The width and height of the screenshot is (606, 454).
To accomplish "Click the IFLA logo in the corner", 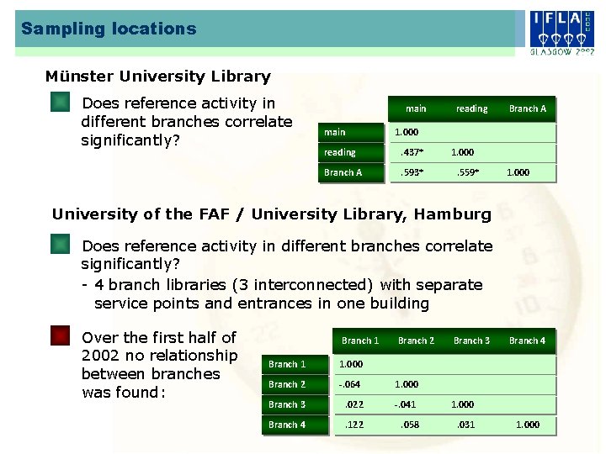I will (561, 32).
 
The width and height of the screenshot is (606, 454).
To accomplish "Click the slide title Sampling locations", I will (109, 29).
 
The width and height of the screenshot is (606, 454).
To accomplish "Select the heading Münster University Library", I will (158, 77).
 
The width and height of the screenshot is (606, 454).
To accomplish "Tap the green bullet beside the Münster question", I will (60, 103).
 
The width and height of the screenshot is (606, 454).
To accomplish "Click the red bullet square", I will (60, 337).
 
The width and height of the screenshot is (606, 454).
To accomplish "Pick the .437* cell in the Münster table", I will (412, 152).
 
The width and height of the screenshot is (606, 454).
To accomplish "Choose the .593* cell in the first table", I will (412, 172).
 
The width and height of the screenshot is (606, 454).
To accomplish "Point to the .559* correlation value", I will (467, 172).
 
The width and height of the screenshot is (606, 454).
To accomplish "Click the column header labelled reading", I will (471, 108).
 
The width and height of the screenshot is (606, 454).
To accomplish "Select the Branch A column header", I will (528, 108).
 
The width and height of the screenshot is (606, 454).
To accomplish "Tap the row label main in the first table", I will (335, 132).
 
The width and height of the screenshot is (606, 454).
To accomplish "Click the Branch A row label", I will (343, 172).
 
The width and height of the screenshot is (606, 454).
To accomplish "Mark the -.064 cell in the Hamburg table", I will (349, 384).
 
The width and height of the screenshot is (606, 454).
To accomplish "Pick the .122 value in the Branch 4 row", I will (354, 425).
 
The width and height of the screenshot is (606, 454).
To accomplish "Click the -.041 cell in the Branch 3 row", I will (407, 404).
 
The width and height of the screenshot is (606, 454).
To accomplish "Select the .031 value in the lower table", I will (465, 425).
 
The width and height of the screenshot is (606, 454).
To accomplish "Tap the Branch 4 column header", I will (527, 340).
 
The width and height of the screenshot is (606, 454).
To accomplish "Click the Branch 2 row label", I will (287, 384).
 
